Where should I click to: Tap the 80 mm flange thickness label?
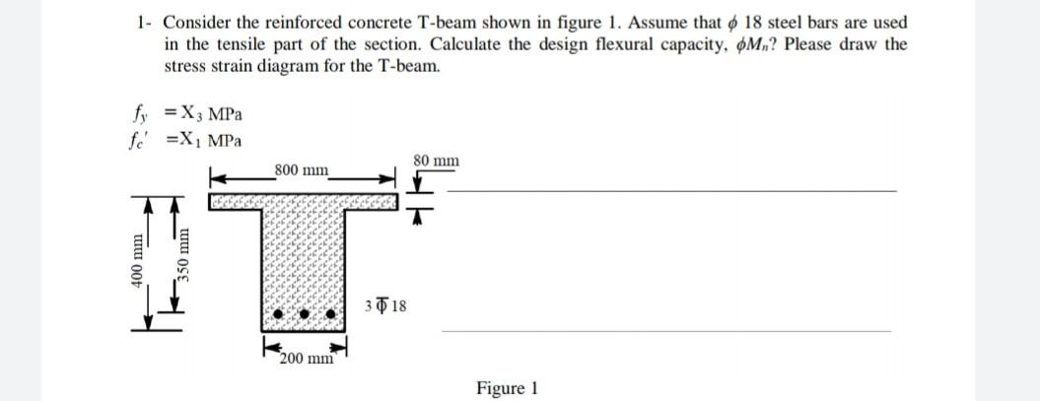pos(436,160)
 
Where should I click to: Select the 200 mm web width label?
pos(305,359)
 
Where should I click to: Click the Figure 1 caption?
pos(507,388)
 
